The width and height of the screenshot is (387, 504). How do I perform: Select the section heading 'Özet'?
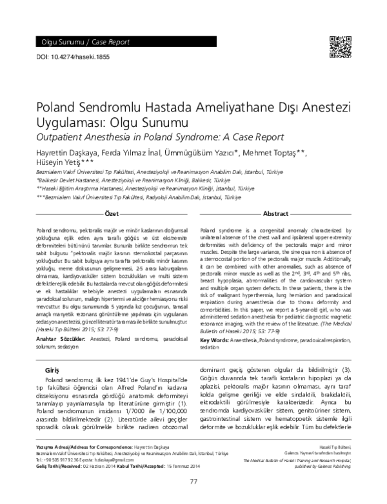tap(112, 213)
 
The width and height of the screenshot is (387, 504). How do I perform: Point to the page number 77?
tap(193, 481)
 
